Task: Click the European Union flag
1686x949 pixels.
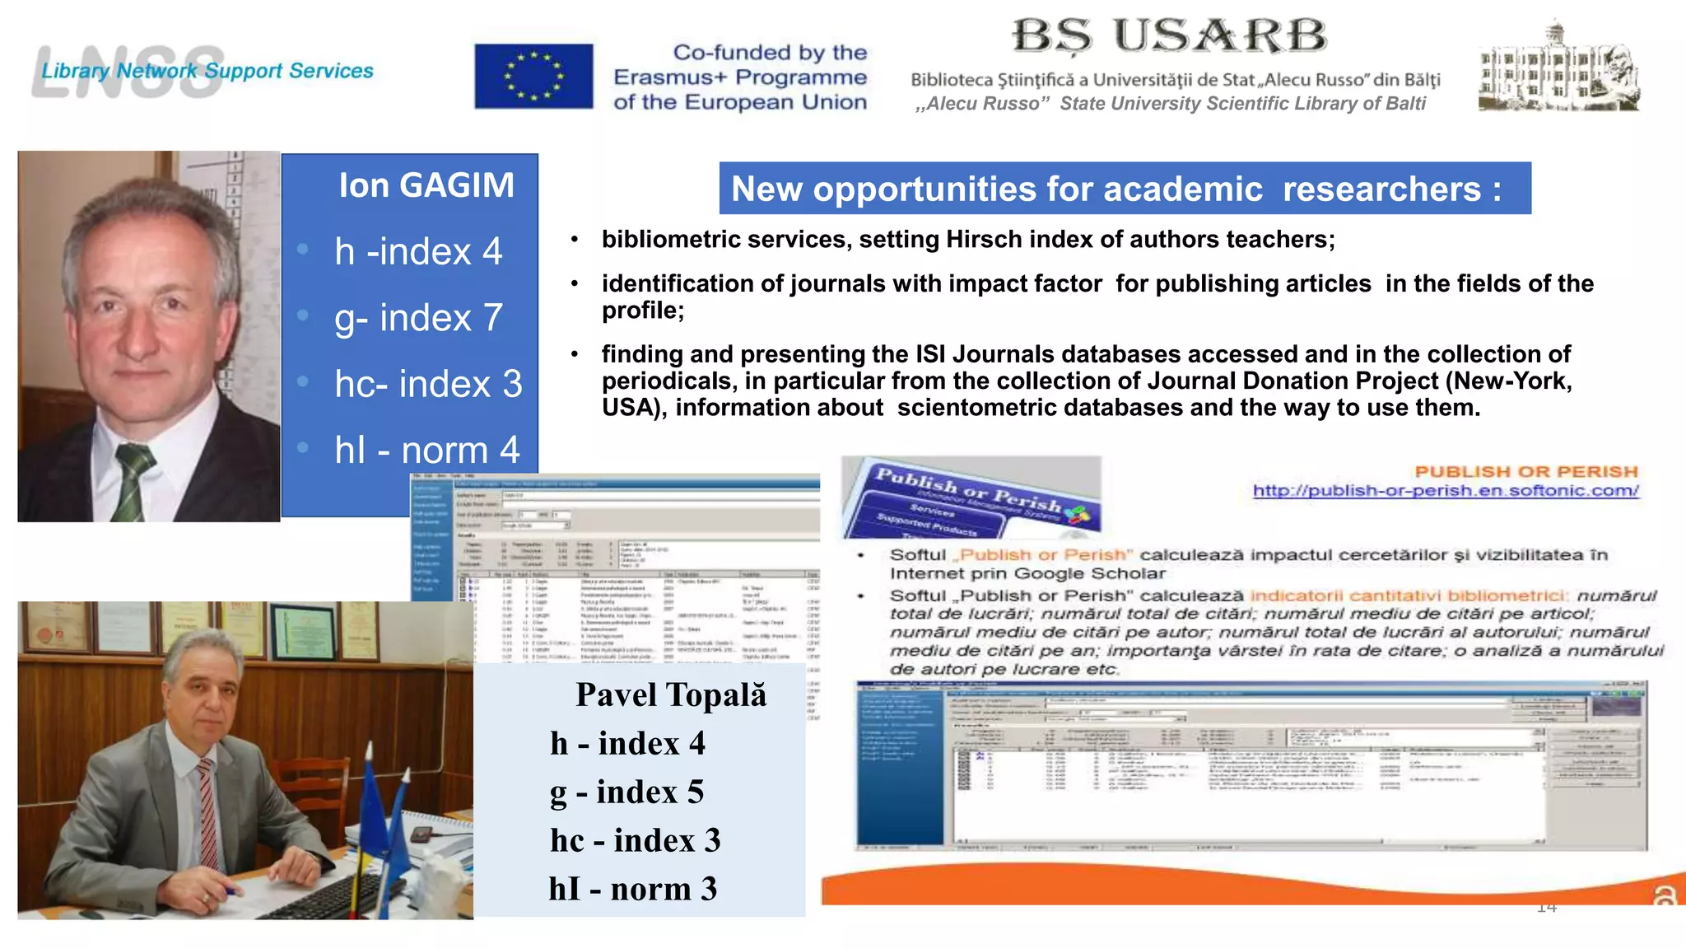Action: coord(533,77)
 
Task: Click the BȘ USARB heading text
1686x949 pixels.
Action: coord(1169,37)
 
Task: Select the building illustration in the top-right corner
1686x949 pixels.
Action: coord(1558,70)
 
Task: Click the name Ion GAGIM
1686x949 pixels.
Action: coord(426,185)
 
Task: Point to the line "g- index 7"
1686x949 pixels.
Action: coord(418,318)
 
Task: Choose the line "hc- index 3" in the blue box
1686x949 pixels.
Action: coord(428,384)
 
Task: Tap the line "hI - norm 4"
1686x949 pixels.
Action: coord(426,451)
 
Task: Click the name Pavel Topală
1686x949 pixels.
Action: coord(671,694)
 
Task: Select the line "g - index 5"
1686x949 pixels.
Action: coord(627,792)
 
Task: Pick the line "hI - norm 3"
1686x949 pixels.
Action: coord(633,889)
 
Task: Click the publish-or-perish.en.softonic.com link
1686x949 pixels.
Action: coord(1446,491)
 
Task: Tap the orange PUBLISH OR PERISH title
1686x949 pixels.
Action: coord(1526,471)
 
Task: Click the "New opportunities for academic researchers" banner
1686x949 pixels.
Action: coord(1125,189)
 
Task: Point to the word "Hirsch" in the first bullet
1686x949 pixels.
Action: coord(983,240)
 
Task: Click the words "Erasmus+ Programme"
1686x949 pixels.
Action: coord(740,77)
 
